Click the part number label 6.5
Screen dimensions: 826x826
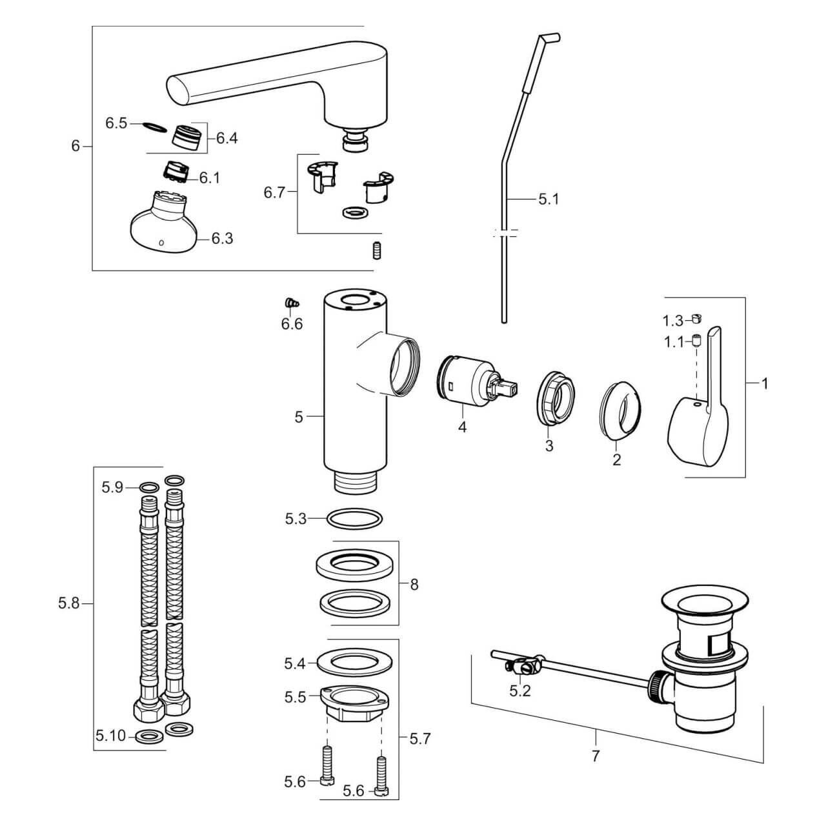point(116,123)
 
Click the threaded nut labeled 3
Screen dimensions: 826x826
point(556,399)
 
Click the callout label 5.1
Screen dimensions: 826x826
point(549,199)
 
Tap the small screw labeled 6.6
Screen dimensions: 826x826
point(291,303)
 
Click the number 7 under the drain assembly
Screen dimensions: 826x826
point(595,754)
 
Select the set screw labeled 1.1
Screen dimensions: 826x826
point(696,340)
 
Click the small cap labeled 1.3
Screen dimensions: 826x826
point(696,318)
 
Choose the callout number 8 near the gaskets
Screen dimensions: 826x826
point(414,585)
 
